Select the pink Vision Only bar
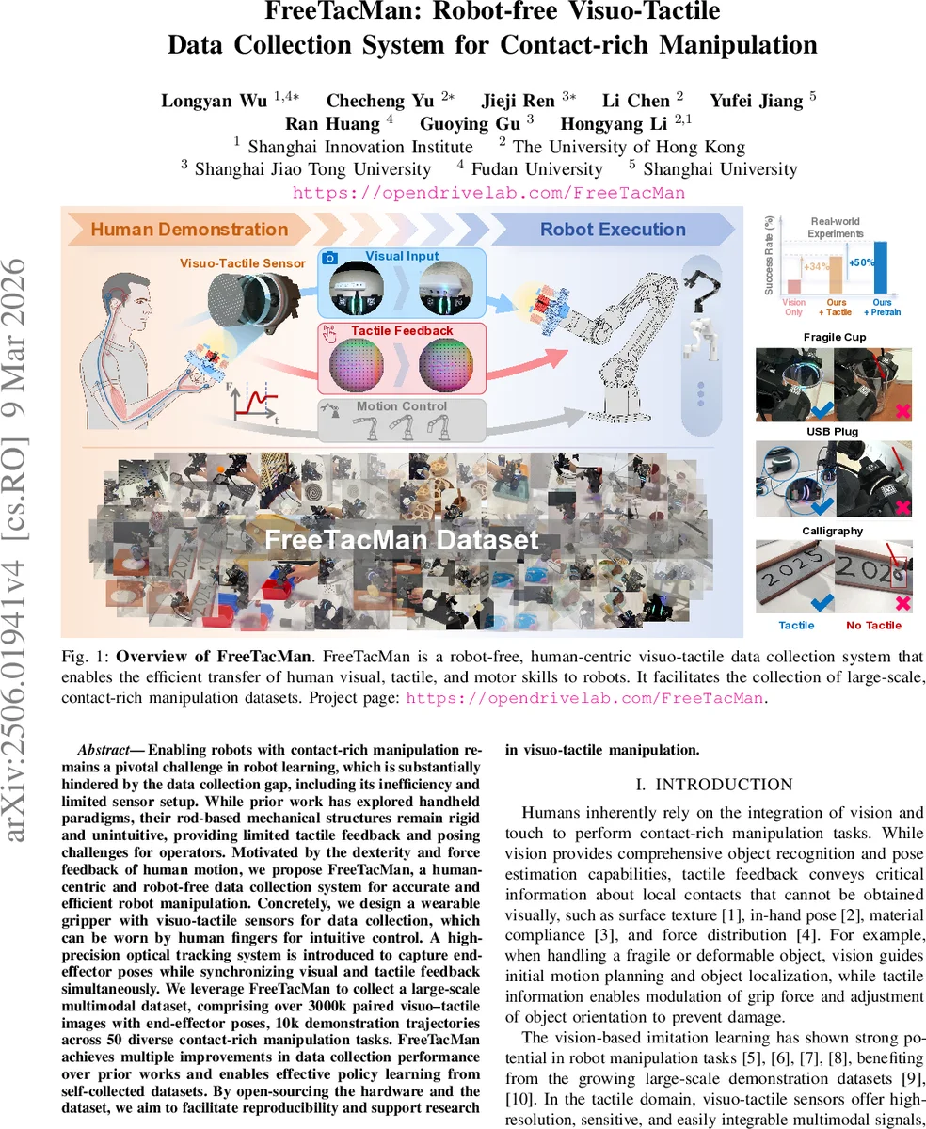793,286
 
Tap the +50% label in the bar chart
861,263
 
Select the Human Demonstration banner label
189,230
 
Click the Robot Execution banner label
612,230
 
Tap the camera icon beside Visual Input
329,258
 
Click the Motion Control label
401,406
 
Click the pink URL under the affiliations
487,193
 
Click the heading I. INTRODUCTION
714,785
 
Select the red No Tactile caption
872,626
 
